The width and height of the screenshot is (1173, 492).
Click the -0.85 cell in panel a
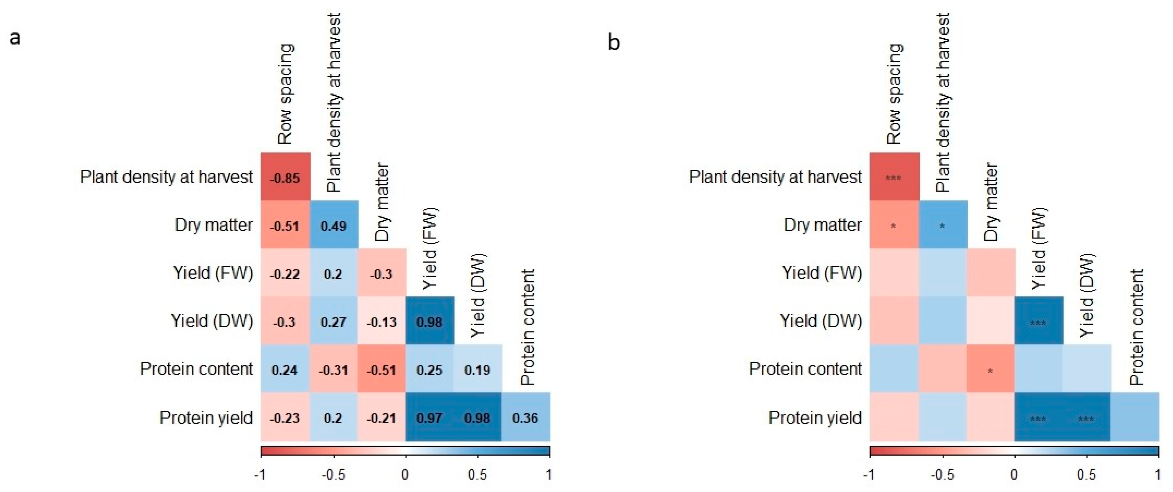pyautogui.click(x=285, y=178)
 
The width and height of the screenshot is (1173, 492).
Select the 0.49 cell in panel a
pyautogui.click(x=333, y=226)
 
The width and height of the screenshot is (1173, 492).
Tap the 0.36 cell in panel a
pyautogui.click(x=525, y=418)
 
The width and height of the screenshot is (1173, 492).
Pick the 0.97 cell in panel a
pyautogui.click(x=429, y=418)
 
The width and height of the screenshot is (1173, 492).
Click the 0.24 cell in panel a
pyautogui.click(x=285, y=370)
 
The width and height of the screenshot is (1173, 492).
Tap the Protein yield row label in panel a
pyautogui.click(x=206, y=418)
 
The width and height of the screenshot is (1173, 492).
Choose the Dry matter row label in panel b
pyautogui.click(x=822, y=225)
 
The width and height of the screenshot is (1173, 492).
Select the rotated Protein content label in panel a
pyautogui.click(x=527, y=327)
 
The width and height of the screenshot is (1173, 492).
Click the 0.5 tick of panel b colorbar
pyautogui.click(x=1087, y=475)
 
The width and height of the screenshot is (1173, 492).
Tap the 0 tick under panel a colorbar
pyautogui.click(x=405, y=475)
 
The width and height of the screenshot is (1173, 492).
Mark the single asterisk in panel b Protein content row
pyautogui.click(x=990, y=371)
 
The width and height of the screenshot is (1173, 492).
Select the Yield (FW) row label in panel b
pyautogui.click(x=822, y=273)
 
